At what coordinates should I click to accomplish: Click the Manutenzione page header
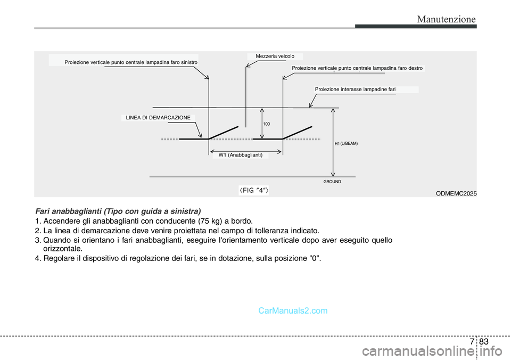[x=446, y=19]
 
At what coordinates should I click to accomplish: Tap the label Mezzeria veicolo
[x=275, y=56]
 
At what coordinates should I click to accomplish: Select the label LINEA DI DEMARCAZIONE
[x=158, y=118]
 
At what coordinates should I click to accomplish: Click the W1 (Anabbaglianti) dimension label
[x=241, y=155]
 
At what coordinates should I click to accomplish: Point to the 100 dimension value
[x=267, y=124]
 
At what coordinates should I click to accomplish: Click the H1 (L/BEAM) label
[x=346, y=143]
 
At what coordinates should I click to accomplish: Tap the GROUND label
[x=332, y=182]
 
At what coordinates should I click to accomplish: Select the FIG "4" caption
[x=254, y=190]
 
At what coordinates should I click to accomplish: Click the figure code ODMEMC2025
[x=456, y=193]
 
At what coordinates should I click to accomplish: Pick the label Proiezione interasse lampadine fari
[x=355, y=89]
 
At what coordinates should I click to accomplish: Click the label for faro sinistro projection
[x=131, y=62]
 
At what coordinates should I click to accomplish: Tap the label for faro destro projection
[x=357, y=68]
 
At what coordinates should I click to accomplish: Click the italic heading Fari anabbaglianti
[x=118, y=211]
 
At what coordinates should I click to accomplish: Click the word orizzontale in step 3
[x=63, y=249]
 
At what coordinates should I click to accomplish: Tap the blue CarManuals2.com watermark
[x=293, y=310]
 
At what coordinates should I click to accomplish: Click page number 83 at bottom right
[x=484, y=341]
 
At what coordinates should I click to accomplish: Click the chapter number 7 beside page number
[x=472, y=341]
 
